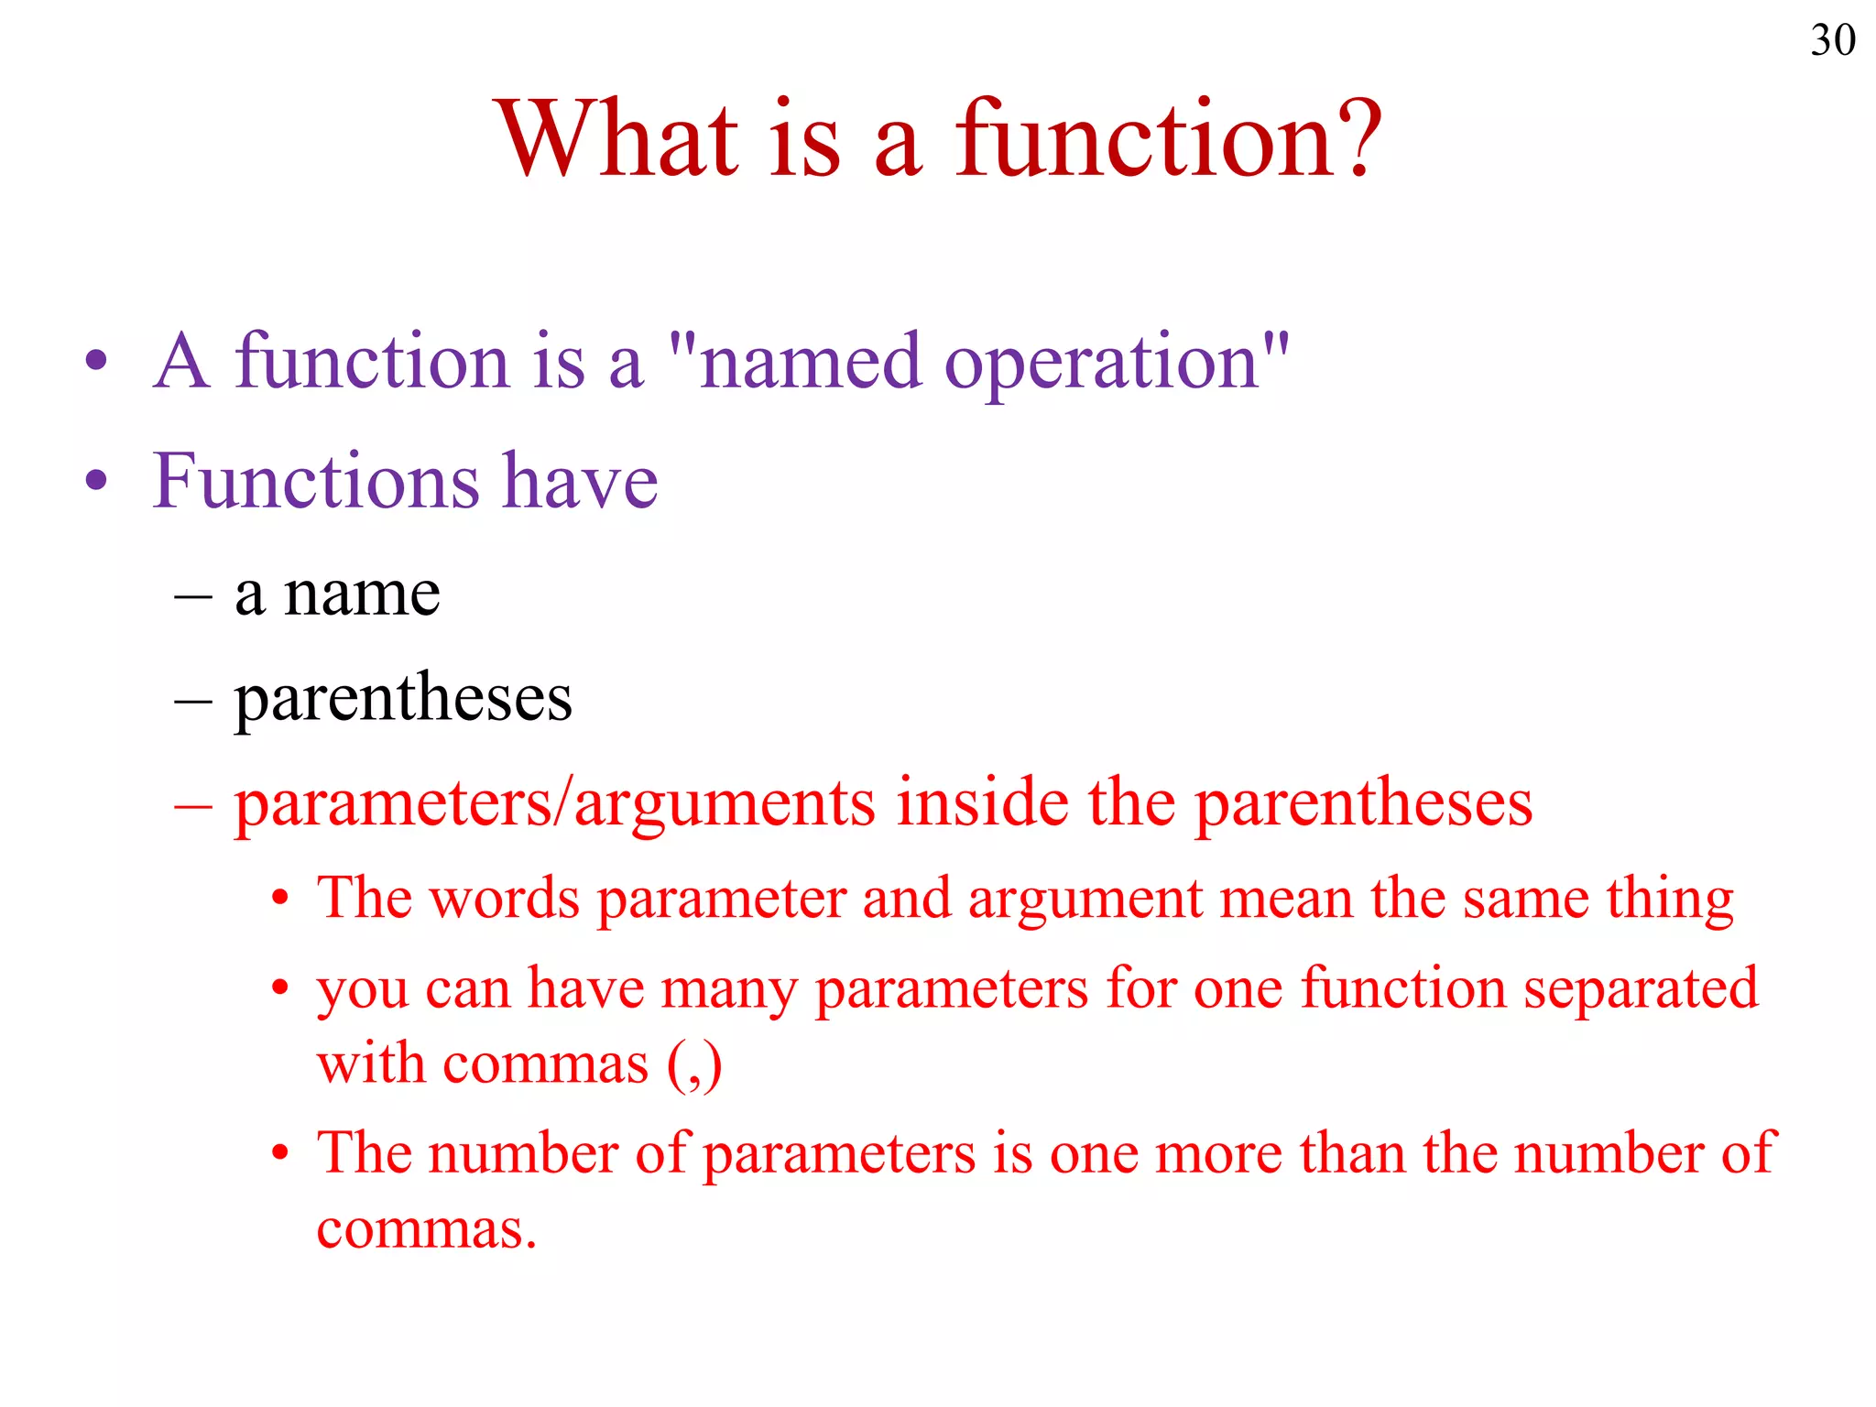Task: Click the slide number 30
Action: (x=1832, y=40)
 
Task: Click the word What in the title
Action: (x=616, y=139)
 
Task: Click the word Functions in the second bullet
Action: (x=315, y=481)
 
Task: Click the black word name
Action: (x=362, y=594)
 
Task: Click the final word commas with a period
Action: (x=426, y=1230)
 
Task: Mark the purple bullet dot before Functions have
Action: (x=96, y=480)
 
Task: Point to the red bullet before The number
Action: (x=280, y=1153)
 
